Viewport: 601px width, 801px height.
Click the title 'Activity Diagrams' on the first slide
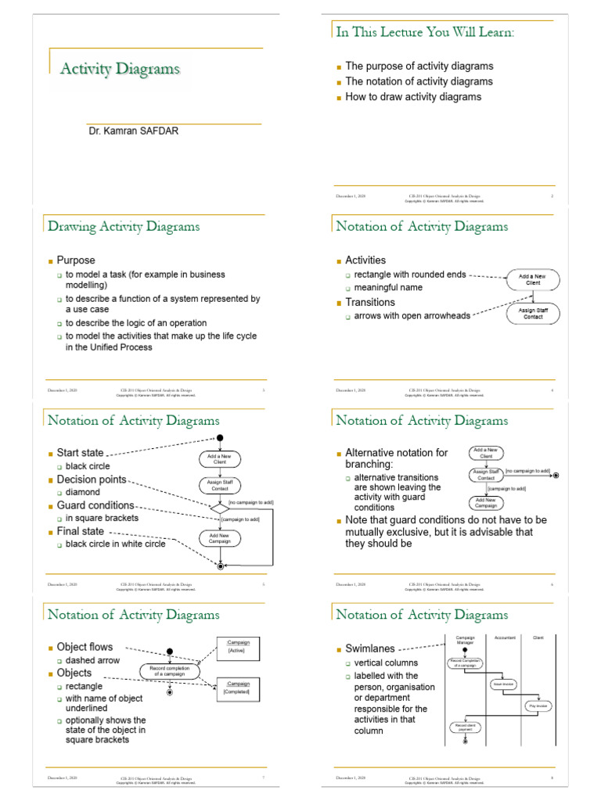[121, 70]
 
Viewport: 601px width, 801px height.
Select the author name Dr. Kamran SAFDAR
[133, 131]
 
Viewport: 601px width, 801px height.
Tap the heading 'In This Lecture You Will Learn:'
[426, 32]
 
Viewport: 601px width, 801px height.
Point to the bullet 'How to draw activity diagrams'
[413, 97]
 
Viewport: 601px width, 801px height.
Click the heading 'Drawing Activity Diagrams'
[124, 227]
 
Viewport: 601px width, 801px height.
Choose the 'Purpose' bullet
[76, 260]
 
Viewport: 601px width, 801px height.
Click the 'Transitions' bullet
[370, 302]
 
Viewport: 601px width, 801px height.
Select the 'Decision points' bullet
[91, 480]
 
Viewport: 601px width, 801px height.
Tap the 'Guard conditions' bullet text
[95, 505]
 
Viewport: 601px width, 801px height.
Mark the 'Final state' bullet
[80, 531]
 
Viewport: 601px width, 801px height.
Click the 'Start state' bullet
[80, 453]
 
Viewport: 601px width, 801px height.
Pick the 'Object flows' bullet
[85, 647]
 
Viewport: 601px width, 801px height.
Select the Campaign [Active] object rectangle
[238, 647]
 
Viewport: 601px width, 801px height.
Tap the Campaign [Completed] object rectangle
[238, 688]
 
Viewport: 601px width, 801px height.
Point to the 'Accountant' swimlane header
[505, 638]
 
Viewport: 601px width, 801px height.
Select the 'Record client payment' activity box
[465, 727]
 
